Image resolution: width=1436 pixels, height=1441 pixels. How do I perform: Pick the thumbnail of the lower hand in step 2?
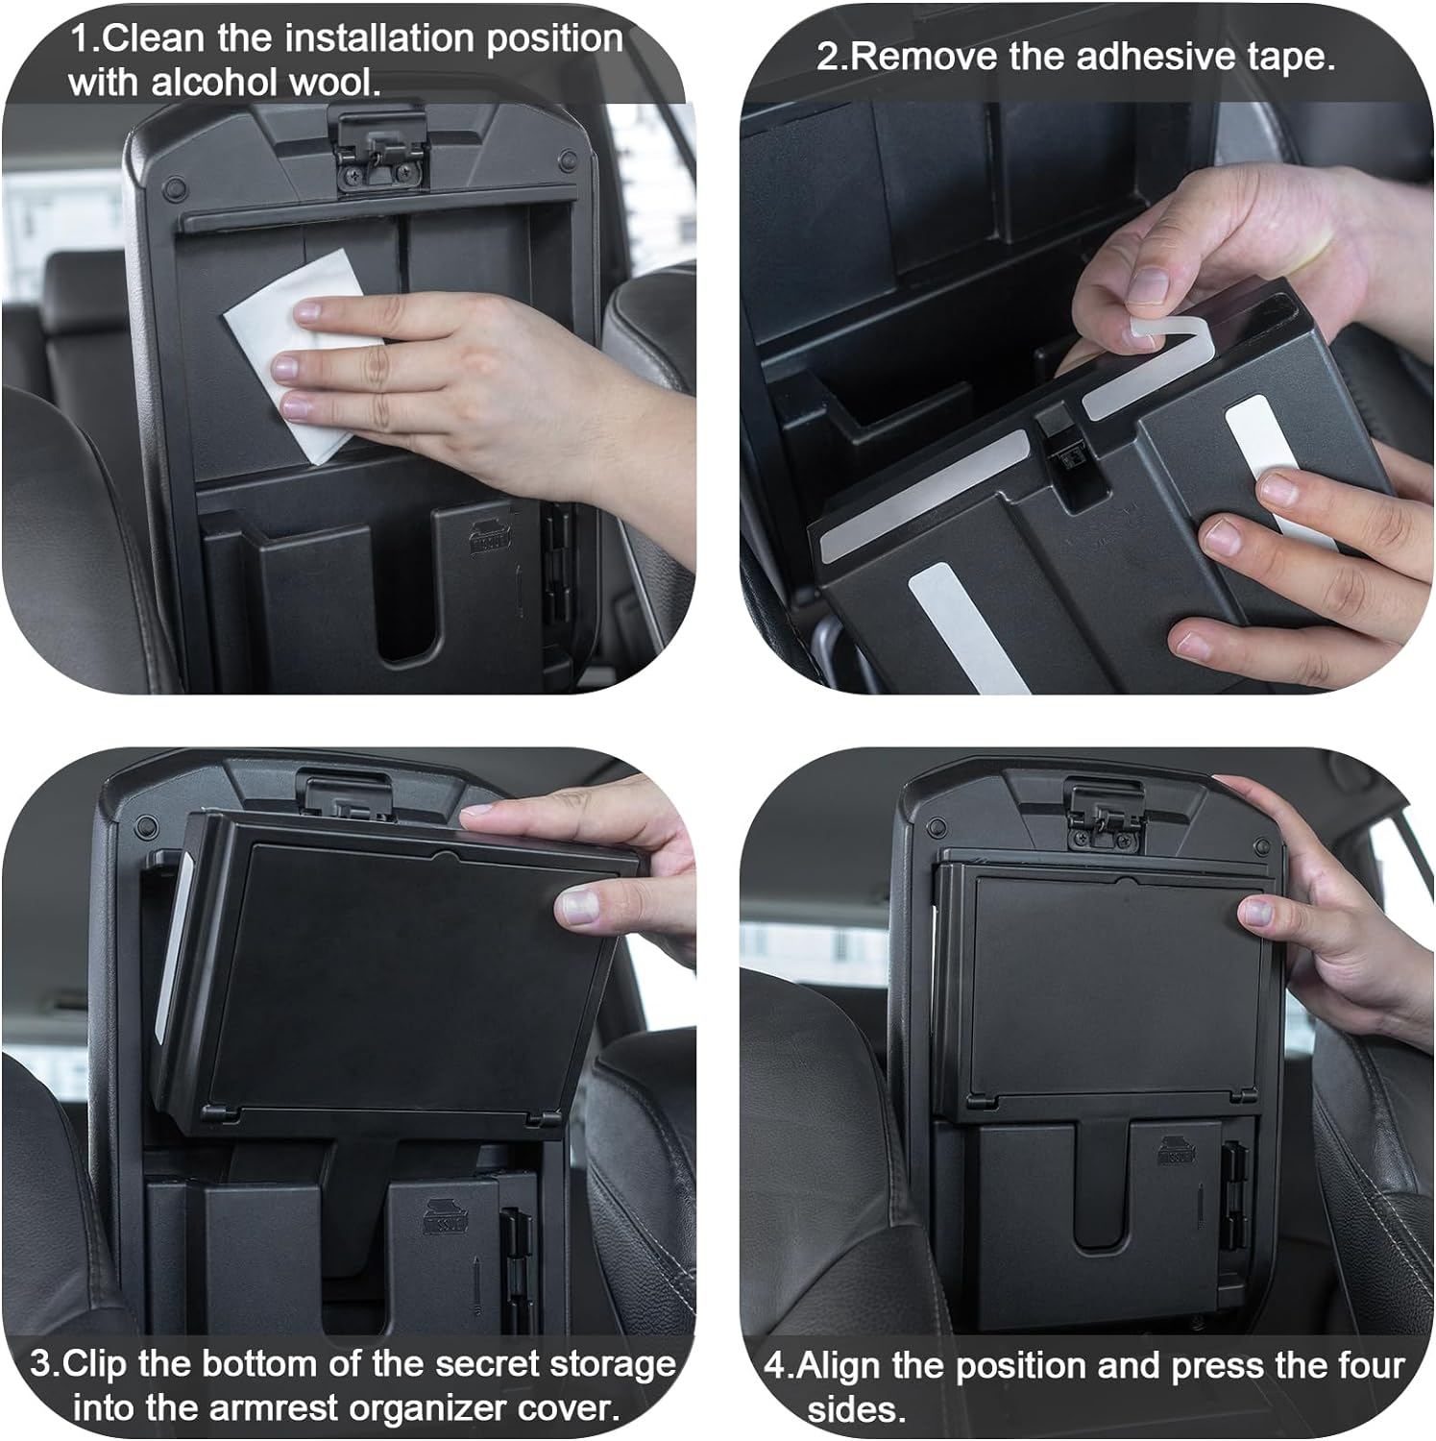pos(1286,488)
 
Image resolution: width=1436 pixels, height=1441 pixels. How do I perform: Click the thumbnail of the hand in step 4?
pos(1256,911)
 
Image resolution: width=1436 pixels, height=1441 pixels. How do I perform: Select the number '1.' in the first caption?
pos(84,39)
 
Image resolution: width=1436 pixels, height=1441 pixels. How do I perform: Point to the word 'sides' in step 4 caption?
pos(855,1410)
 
